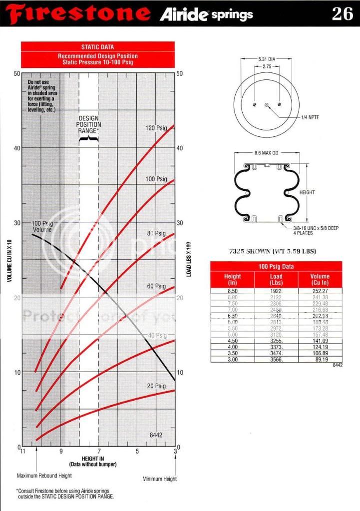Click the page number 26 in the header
point(342,13)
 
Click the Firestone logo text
point(79,13)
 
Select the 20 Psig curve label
point(156,386)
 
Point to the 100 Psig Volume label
point(42,226)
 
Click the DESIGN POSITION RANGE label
point(89,124)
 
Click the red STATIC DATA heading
point(98,47)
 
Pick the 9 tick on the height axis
point(61,452)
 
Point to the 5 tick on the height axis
point(137,452)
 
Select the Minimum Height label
point(159,479)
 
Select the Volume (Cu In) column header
point(320,280)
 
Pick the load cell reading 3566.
point(276,359)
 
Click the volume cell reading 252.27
point(320,291)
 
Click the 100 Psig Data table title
point(276,267)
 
